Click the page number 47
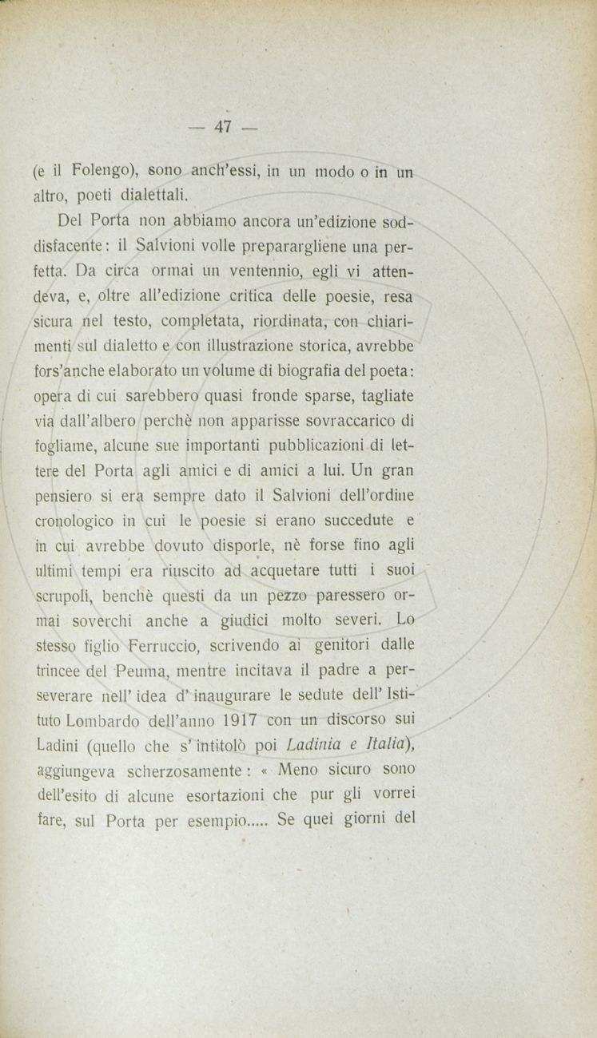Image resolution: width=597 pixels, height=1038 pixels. [x=223, y=127]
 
